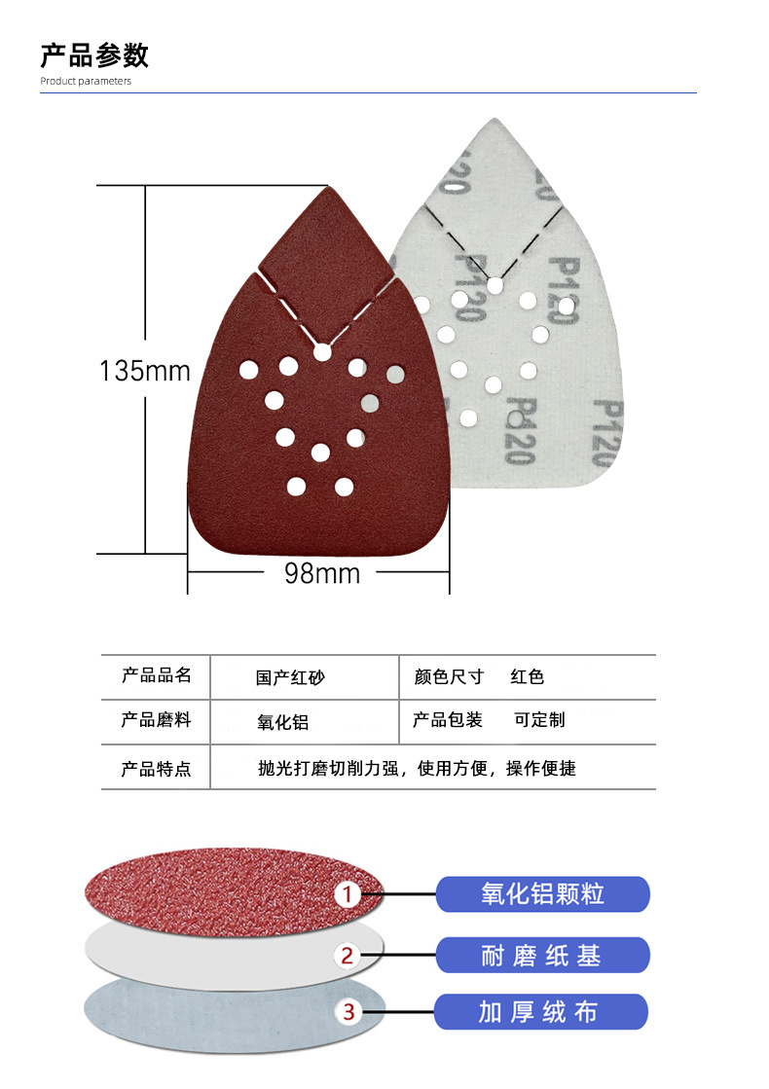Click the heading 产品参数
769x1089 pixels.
coord(94,54)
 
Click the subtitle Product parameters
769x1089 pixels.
coord(86,81)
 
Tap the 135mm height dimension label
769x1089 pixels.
coord(145,371)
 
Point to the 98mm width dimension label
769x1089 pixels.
coord(322,573)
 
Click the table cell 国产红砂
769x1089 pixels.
coord(290,677)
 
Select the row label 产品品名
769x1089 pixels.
coord(156,675)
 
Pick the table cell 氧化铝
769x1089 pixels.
coord(282,722)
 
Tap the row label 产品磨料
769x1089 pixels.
coord(156,720)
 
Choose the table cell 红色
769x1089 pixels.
coord(528,676)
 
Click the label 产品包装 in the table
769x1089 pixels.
coord(448,720)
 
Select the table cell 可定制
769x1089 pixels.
coord(539,720)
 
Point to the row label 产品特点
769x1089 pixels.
coord(156,769)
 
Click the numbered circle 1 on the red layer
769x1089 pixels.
coord(348,894)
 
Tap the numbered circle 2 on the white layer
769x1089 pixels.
coord(348,956)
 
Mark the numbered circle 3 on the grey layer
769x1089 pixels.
coord(348,1013)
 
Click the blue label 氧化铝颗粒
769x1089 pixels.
coord(542,894)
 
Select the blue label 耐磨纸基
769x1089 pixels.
coord(541,956)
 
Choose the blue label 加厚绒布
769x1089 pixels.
coord(541,1012)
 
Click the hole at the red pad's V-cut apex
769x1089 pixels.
coord(322,353)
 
